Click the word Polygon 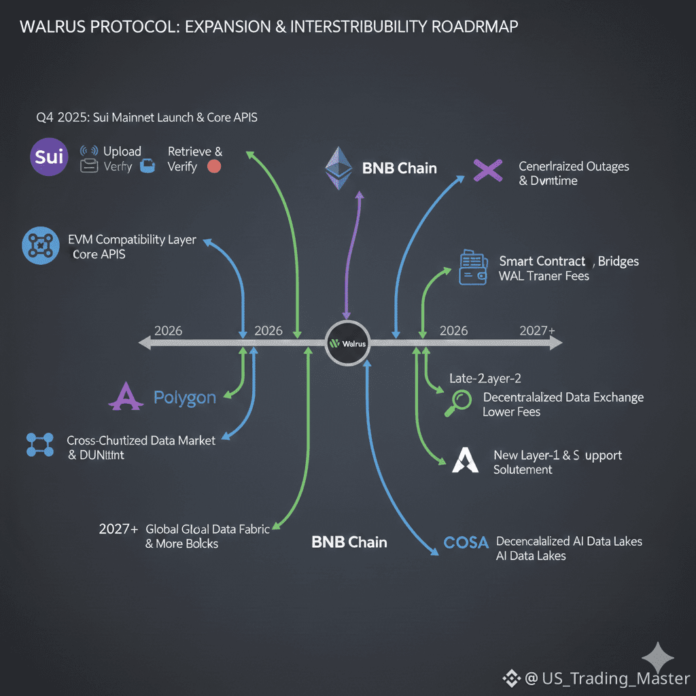[185, 398]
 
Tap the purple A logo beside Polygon [126, 396]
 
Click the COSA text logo [466, 542]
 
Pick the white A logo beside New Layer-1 [465, 461]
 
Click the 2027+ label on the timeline [537, 330]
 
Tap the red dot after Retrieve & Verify [213, 167]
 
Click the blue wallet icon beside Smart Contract [472, 267]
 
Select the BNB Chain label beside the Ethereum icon [400, 169]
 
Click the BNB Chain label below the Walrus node [349, 542]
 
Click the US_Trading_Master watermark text [607, 678]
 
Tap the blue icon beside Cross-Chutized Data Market [39, 445]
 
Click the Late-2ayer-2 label [485, 379]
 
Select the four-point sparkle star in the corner [657, 657]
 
